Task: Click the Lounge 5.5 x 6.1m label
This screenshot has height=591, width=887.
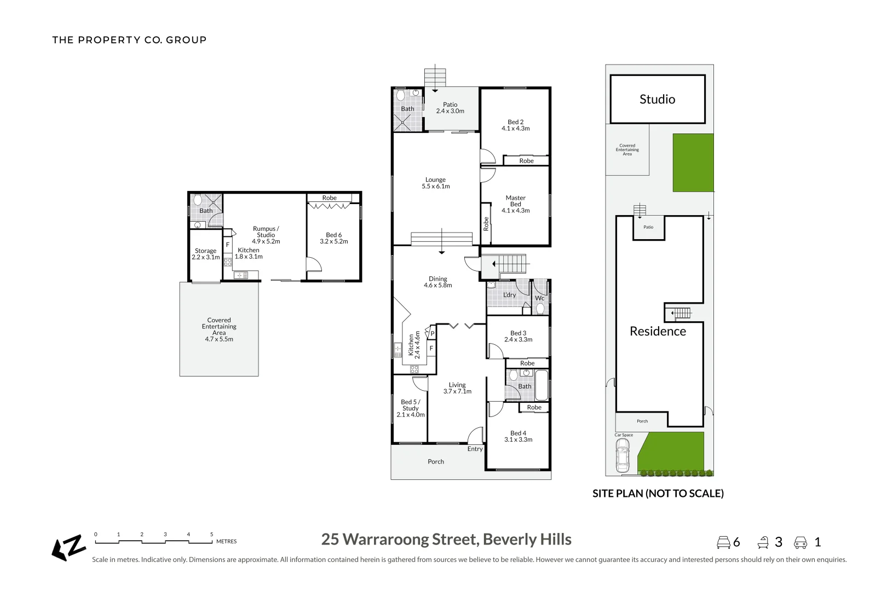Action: [x=436, y=183]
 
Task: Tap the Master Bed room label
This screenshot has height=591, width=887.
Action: [x=515, y=204]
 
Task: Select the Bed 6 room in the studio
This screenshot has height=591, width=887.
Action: [x=333, y=238]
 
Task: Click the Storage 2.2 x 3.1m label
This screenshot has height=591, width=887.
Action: [x=205, y=254]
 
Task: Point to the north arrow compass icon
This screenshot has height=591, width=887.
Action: [x=69, y=547]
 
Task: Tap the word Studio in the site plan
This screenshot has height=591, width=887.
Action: [x=657, y=99]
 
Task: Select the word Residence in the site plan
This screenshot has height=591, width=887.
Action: [x=658, y=331]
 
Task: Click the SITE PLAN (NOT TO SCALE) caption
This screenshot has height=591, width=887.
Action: [x=658, y=494]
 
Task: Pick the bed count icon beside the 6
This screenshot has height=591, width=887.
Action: [x=723, y=542]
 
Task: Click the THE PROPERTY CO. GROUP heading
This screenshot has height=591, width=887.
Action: [x=129, y=40]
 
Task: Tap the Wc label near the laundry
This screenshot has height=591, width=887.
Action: [x=540, y=298]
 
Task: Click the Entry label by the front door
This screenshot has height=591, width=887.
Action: [x=475, y=449]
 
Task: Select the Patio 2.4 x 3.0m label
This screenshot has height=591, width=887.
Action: [x=450, y=108]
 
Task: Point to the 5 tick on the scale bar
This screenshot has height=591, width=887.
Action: [x=211, y=535]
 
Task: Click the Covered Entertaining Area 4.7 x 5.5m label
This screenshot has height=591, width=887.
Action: [x=219, y=329]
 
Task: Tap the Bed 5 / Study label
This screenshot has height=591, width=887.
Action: [x=410, y=408]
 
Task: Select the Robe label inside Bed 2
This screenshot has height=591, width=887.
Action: [x=526, y=161]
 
